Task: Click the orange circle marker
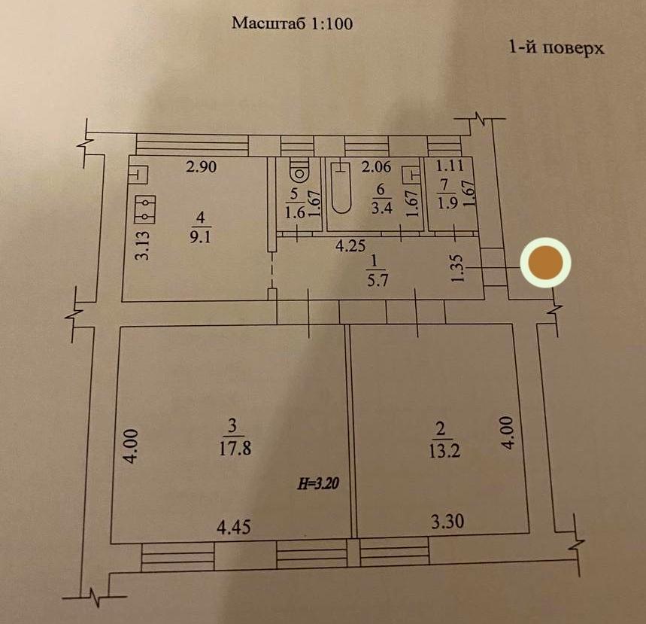tap(545, 263)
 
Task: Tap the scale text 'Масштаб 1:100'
tap(292, 23)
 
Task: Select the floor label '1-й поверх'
tap(557, 48)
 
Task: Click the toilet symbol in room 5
tap(299, 172)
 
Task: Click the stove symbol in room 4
tap(145, 209)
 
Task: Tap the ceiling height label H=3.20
tap(318, 483)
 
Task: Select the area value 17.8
tap(235, 448)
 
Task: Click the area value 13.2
tap(444, 451)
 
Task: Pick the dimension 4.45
tap(234, 528)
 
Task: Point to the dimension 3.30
tap(447, 522)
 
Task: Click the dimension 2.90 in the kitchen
tap(201, 166)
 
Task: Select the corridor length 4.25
tap(350, 246)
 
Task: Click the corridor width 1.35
tap(458, 268)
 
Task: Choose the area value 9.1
tap(200, 237)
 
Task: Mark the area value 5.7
tap(378, 281)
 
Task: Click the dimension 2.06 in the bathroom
tap(376, 166)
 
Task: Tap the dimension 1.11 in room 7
tap(450, 166)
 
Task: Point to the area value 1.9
tap(447, 203)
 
